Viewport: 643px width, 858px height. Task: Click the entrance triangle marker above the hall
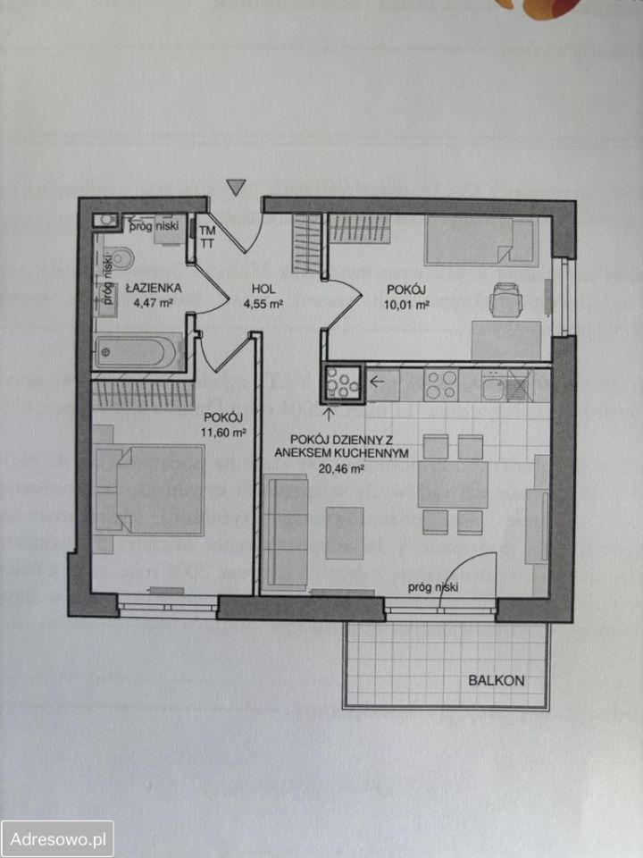236,187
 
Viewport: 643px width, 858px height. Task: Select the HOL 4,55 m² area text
264,297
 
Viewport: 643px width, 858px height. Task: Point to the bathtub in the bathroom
137,352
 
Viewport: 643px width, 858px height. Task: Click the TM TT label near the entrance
208,237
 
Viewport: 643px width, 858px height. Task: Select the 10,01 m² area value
406,306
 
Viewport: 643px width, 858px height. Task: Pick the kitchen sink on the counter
494,387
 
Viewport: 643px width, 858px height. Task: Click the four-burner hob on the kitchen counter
440,385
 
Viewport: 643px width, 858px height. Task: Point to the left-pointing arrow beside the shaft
377,381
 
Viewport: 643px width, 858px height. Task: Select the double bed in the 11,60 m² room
149,490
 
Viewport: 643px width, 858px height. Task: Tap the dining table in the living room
453,484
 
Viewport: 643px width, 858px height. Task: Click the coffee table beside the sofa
345,533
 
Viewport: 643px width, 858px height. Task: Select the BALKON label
496,681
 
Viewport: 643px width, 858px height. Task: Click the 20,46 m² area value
342,468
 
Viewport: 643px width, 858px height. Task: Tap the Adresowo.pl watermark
57,839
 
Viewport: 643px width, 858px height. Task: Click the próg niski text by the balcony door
433,588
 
